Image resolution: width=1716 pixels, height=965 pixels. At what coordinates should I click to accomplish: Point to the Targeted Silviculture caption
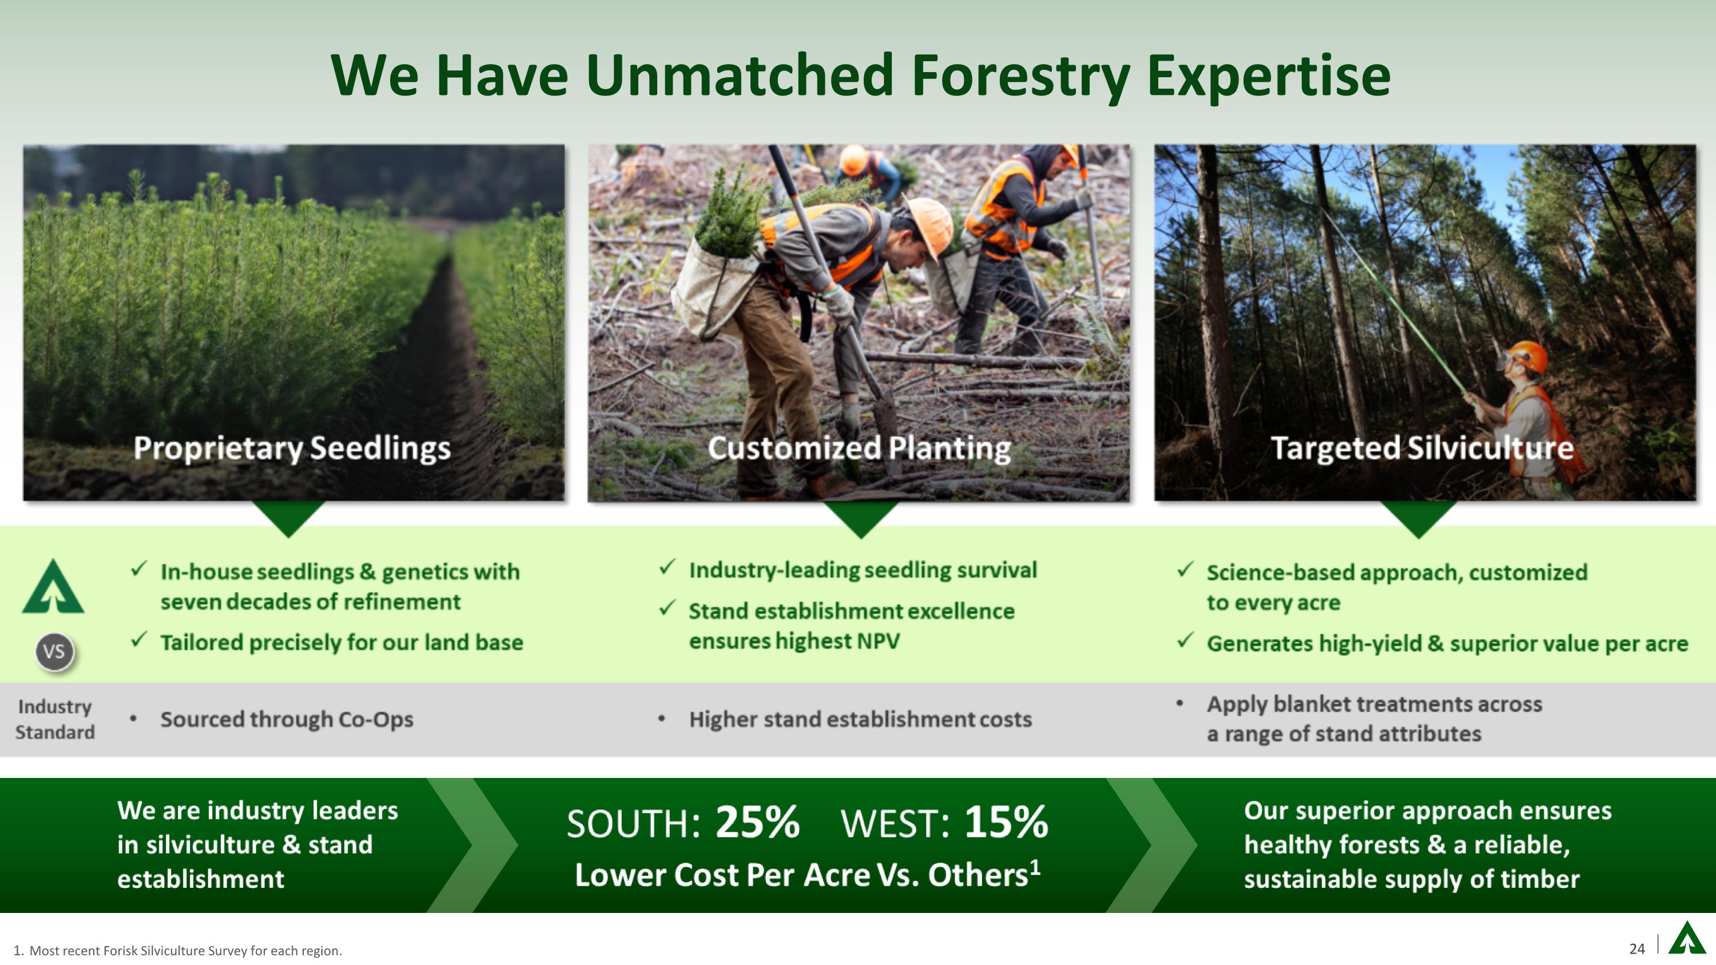[1422, 447]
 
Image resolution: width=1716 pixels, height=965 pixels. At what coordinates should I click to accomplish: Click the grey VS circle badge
[54, 652]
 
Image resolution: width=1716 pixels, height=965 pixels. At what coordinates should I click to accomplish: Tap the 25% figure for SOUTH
[757, 823]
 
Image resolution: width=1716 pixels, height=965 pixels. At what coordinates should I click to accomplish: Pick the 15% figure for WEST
[1006, 823]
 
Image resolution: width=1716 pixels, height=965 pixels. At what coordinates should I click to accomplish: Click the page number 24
[1636, 948]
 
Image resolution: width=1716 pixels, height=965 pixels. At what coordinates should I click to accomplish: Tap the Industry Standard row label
[54, 719]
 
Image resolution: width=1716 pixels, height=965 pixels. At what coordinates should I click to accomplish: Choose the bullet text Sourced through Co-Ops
[287, 719]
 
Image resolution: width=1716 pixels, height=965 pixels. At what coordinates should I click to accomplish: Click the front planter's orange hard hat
[930, 227]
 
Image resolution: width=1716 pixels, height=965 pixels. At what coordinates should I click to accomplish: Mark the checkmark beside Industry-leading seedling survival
[667, 567]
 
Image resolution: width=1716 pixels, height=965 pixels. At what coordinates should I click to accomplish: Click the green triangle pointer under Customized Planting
[861, 518]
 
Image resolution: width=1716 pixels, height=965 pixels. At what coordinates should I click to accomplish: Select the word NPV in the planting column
[878, 641]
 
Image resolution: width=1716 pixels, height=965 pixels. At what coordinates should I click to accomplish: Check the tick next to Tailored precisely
[138, 640]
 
